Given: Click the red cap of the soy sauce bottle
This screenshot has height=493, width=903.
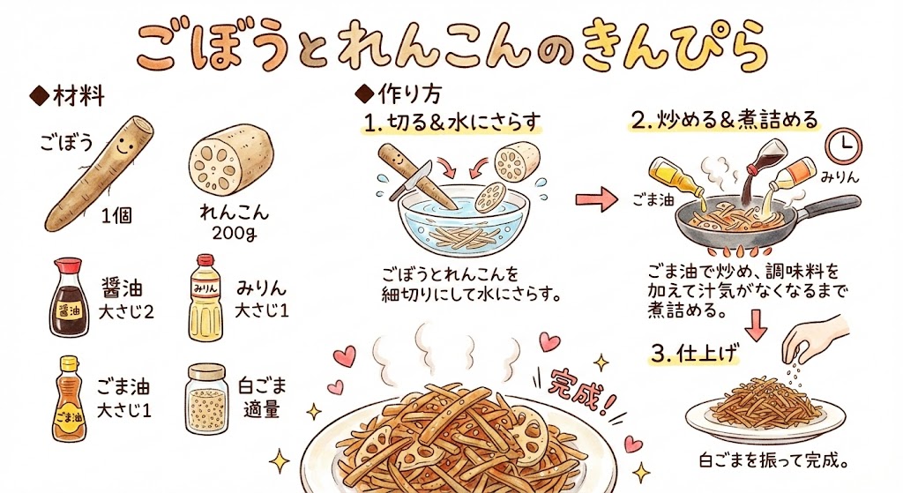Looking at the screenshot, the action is click(68, 266).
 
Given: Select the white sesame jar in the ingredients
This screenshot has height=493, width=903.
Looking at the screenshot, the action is click(206, 399).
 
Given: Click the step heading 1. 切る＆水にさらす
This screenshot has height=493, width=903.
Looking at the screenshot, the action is click(452, 122).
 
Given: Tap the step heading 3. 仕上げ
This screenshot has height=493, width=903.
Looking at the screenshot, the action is click(695, 353).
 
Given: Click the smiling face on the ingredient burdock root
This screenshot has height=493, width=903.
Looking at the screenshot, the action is click(123, 145).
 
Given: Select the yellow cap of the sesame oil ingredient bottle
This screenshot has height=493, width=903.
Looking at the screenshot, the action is click(69, 362).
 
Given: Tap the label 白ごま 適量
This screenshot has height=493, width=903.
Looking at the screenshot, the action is click(262, 398).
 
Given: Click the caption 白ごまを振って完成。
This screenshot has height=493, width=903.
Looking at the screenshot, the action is click(774, 460).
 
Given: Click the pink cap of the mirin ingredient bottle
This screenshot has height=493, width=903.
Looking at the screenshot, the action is click(205, 261).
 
